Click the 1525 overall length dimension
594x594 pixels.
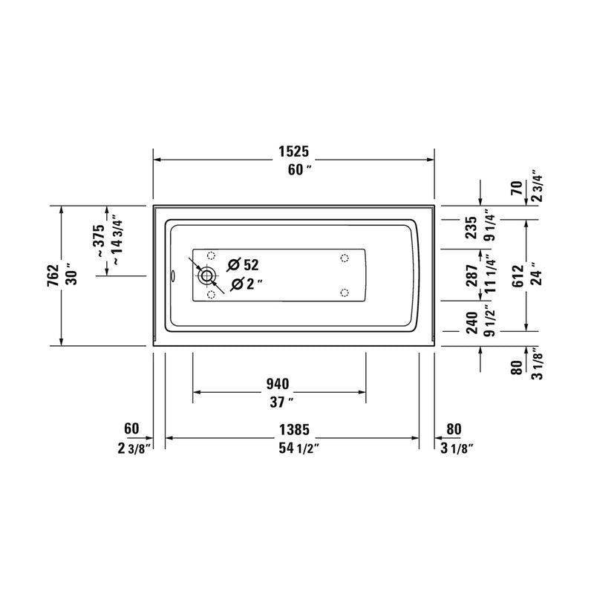click(293, 151)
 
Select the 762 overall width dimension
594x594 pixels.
click(53, 275)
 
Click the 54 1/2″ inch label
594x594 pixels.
click(293, 447)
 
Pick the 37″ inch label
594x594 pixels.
click(279, 402)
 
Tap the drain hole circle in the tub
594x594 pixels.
click(206, 277)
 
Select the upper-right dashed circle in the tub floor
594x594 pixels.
click(344, 258)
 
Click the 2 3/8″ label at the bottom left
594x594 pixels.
click(134, 447)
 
